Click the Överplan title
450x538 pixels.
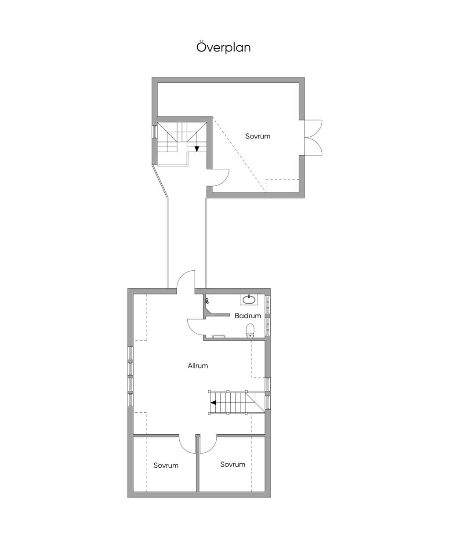click(223, 47)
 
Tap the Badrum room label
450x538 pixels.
click(248, 316)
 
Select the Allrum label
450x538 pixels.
click(198, 366)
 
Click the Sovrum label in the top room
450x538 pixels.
click(258, 136)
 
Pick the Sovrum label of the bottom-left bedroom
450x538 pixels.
click(166, 465)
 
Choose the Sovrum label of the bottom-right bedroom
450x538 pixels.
click(232, 464)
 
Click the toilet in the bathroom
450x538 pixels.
click(250, 331)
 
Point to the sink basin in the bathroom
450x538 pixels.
click(249, 300)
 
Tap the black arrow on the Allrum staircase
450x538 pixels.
click(213, 403)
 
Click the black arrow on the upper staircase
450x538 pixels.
click(197, 149)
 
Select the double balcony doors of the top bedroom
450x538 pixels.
click(313, 138)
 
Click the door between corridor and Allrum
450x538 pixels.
click(186, 282)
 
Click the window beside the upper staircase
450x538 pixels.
click(155, 132)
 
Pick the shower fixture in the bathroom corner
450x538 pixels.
click(207, 301)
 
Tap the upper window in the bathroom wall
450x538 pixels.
click(268, 304)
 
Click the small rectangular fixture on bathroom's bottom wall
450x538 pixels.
click(219, 336)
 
